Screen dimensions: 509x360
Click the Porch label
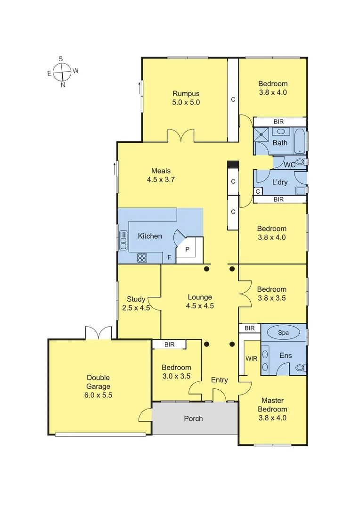193,419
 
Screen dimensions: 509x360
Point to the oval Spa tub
283,332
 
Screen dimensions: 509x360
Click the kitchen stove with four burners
142,257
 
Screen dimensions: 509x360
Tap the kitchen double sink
123,240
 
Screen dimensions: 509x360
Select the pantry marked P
187,249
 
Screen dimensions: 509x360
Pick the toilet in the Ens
299,368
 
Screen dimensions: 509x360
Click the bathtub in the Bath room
300,140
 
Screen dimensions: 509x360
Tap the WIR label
251,359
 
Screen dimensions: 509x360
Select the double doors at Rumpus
181,136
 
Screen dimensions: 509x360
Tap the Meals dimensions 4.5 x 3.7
161,180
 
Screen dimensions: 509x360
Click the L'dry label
280,182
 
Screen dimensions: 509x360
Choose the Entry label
219,380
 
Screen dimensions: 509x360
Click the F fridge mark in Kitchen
169,258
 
